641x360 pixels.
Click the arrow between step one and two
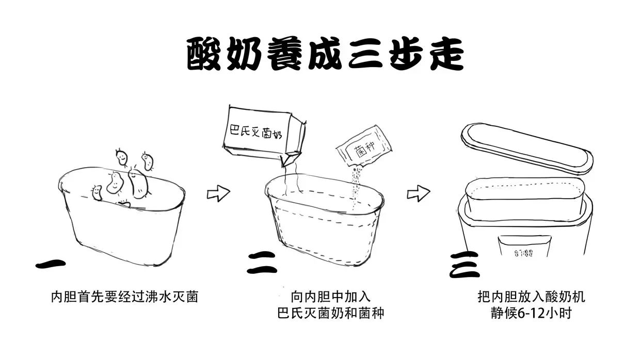[218, 193]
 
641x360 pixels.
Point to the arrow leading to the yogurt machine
[418, 193]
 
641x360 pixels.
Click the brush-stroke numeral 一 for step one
[51, 264]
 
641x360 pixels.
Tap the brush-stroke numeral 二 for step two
[262, 262]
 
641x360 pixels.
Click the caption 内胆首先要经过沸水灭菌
[124, 297]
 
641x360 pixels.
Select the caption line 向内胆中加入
[330, 297]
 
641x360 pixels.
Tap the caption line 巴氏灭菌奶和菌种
[330, 313]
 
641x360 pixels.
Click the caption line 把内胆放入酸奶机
[531, 297]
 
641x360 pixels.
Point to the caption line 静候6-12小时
[531, 313]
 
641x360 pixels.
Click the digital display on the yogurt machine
[523, 253]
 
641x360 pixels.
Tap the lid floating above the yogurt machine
[526, 148]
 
